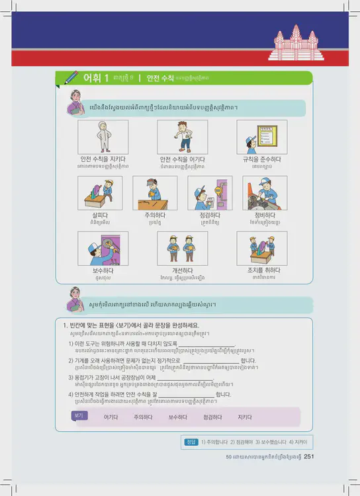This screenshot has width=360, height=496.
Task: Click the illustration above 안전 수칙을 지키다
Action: point(103,137)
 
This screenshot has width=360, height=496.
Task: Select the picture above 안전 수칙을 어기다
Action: point(182,137)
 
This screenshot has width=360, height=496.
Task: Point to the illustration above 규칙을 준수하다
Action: point(261,137)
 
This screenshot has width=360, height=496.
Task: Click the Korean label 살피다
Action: point(103,215)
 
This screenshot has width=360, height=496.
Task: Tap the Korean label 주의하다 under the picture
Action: point(154,215)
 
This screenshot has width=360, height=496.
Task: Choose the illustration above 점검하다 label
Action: point(210,193)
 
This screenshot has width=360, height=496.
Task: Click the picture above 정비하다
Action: point(265,193)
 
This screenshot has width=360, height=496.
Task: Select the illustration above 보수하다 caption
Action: point(103,248)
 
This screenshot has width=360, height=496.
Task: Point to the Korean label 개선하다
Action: point(182,270)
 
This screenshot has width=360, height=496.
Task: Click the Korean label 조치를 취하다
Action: point(261,270)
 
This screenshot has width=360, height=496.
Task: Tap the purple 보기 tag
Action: point(79,415)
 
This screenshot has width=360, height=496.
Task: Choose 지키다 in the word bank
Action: point(245,417)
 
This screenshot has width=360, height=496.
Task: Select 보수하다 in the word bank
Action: point(178,417)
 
